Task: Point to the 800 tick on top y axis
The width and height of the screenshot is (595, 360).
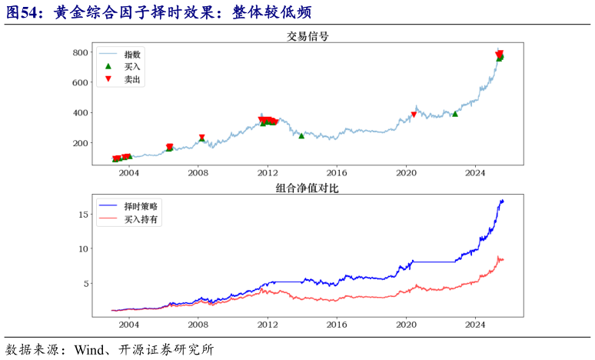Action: [80, 52]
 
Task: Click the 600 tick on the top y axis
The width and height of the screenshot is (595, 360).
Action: [80, 82]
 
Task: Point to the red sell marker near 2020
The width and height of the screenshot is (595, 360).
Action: [414, 115]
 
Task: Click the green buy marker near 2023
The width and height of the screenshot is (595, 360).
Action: [455, 113]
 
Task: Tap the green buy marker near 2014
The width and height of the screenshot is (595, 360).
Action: [301, 135]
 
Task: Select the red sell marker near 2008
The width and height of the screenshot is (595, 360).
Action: [202, 138]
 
